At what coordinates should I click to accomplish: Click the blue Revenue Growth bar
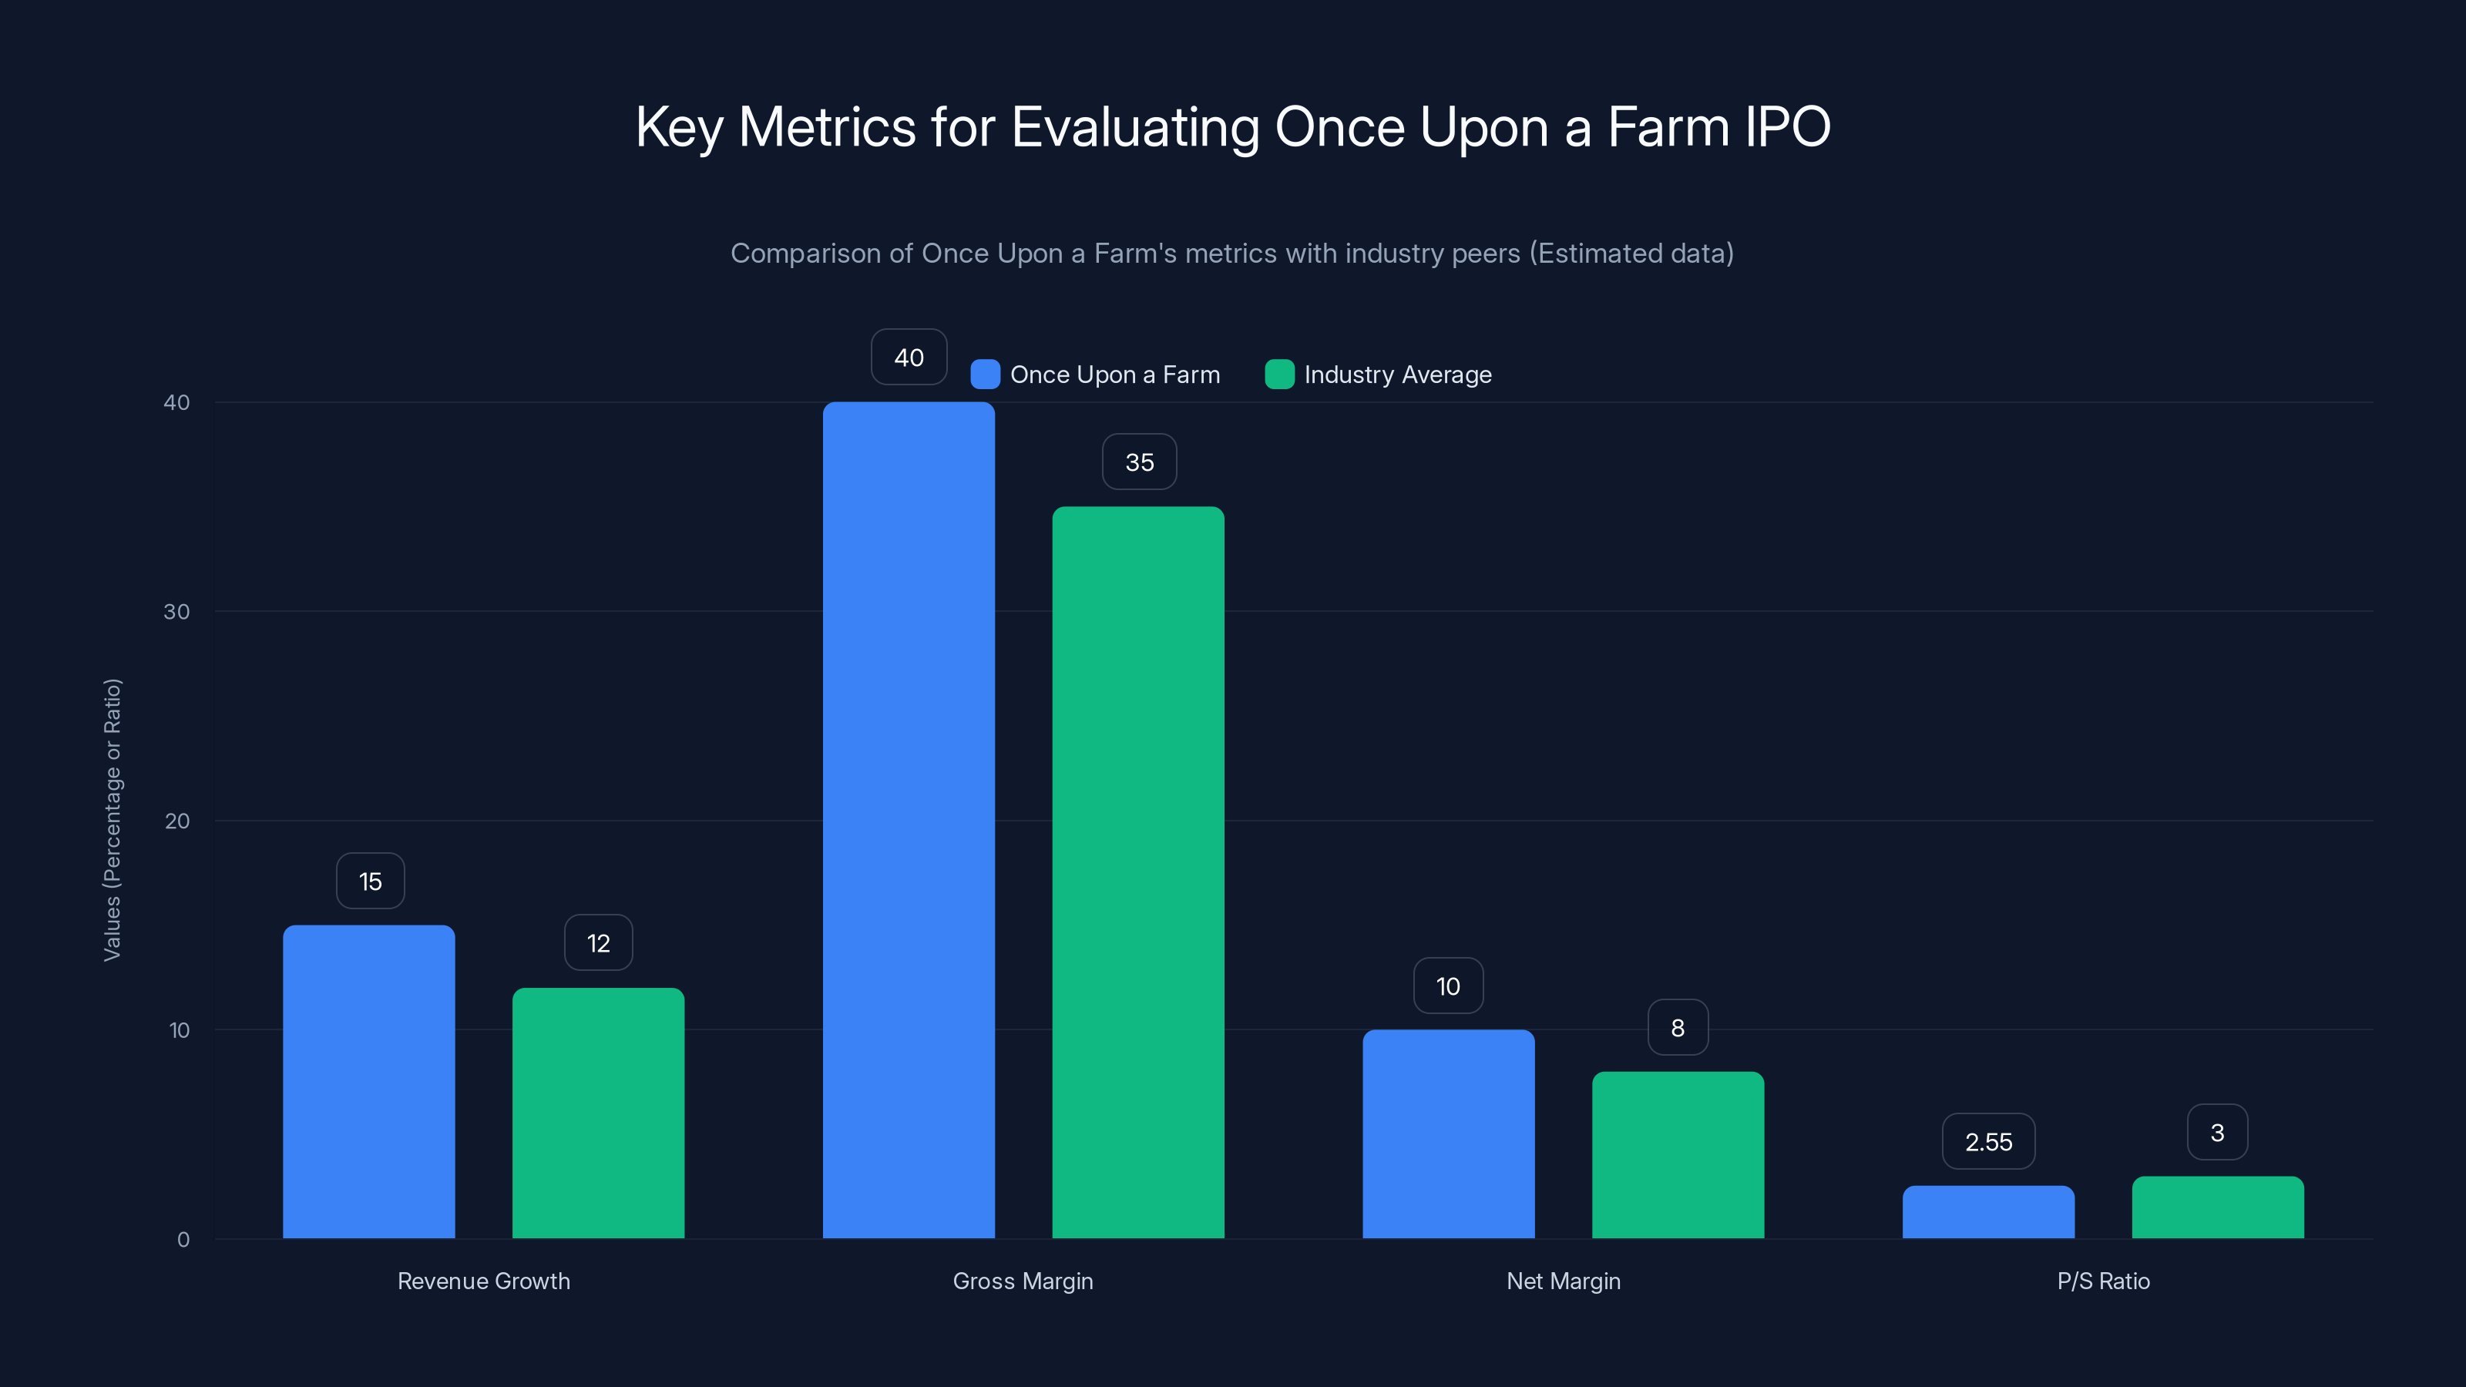pos(368,1082)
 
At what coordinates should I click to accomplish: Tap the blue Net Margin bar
pos(1449,1134)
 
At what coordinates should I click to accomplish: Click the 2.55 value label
pos(1988,1142)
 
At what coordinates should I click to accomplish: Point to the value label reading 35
pos(1139,462)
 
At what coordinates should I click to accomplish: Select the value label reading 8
pos(1677,1028)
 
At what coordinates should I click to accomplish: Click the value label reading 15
pos(371,882)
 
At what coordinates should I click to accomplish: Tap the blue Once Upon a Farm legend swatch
pos(985,374)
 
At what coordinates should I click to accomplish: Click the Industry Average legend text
pos(1398,374)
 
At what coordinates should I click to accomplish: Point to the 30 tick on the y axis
pos(176,612)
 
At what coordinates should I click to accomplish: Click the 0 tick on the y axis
pos(183,1240)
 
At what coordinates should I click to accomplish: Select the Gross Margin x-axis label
pos(1023,1281)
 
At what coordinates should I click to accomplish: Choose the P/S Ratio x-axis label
pos(2103,1281)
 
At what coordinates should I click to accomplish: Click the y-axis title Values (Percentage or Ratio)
pos(112,819)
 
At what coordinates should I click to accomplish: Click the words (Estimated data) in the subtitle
pos(1631,254)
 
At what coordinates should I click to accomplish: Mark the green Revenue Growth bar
pos(598,1113)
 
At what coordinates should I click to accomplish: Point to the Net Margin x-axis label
pos(1564,1281)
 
